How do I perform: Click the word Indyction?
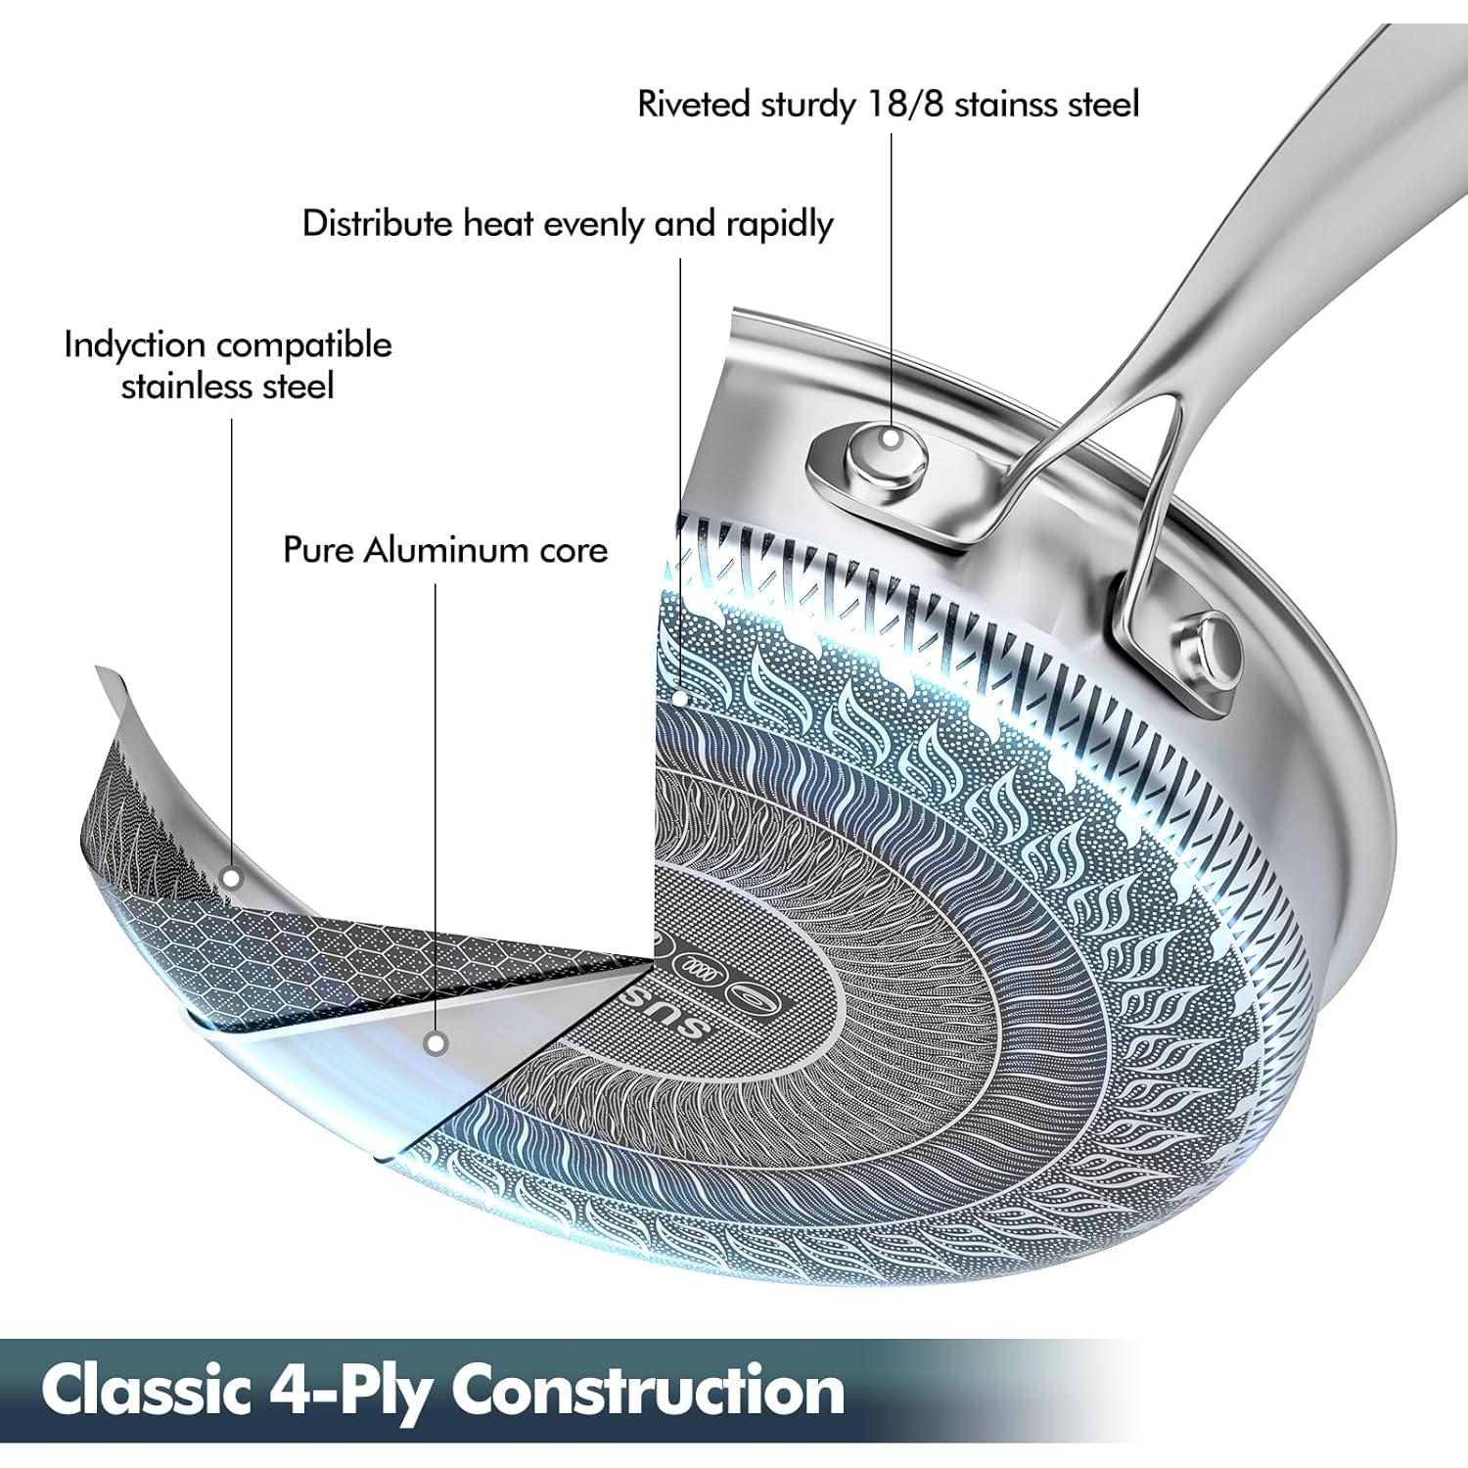coord(134,345)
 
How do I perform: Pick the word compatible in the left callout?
coord(303,345)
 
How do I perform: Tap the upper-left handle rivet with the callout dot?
coord(888,438)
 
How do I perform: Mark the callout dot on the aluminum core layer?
coord(437,1043)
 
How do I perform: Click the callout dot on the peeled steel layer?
coord(231,878)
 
